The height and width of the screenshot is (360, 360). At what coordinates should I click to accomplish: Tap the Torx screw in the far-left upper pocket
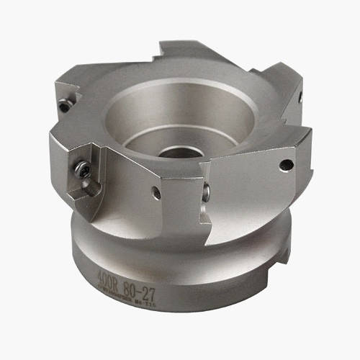click(x=64, y=106)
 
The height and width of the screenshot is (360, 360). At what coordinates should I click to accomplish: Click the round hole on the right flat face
click(x=286, y=165)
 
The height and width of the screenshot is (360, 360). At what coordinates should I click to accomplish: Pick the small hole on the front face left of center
click(x=155, y=193)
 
